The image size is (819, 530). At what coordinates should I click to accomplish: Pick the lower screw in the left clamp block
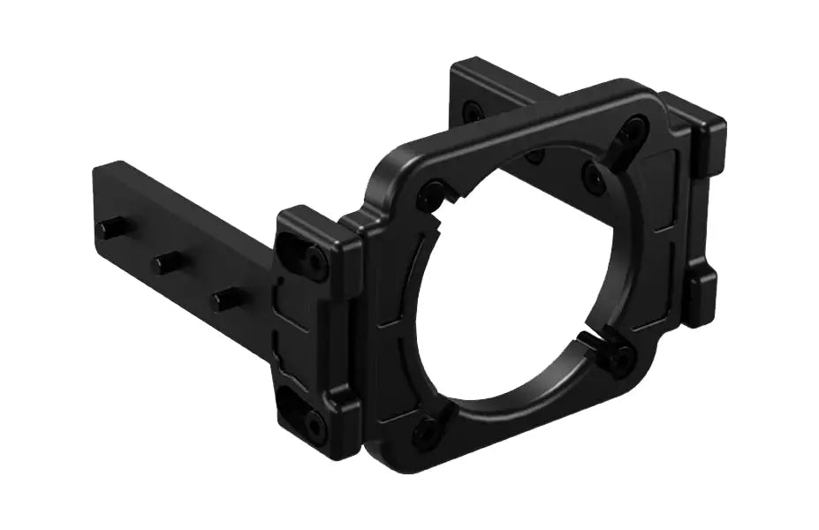(x=314, y=421)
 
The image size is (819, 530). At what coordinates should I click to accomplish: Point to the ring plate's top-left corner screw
(x=432, y=190)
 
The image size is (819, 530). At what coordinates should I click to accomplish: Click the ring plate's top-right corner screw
(x=633, y=132)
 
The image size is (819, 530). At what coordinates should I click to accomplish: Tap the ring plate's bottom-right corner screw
(x=622, y=360)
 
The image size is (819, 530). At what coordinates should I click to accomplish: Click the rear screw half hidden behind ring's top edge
(x=535, y=157)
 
